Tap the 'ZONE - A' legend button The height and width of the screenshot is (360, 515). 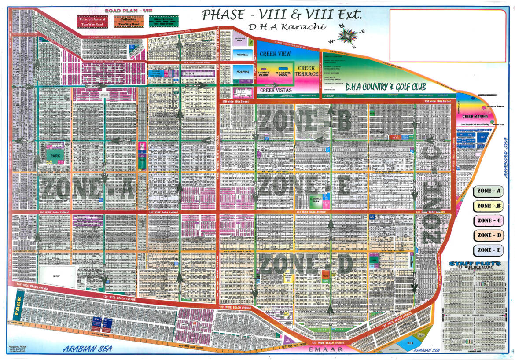[x=487, y=191]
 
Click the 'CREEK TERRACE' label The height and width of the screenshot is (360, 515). [x=306, y=71]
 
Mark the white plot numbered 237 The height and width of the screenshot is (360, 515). [x=56, y=276]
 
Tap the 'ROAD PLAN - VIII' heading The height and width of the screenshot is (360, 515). [x=117, y=11]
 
